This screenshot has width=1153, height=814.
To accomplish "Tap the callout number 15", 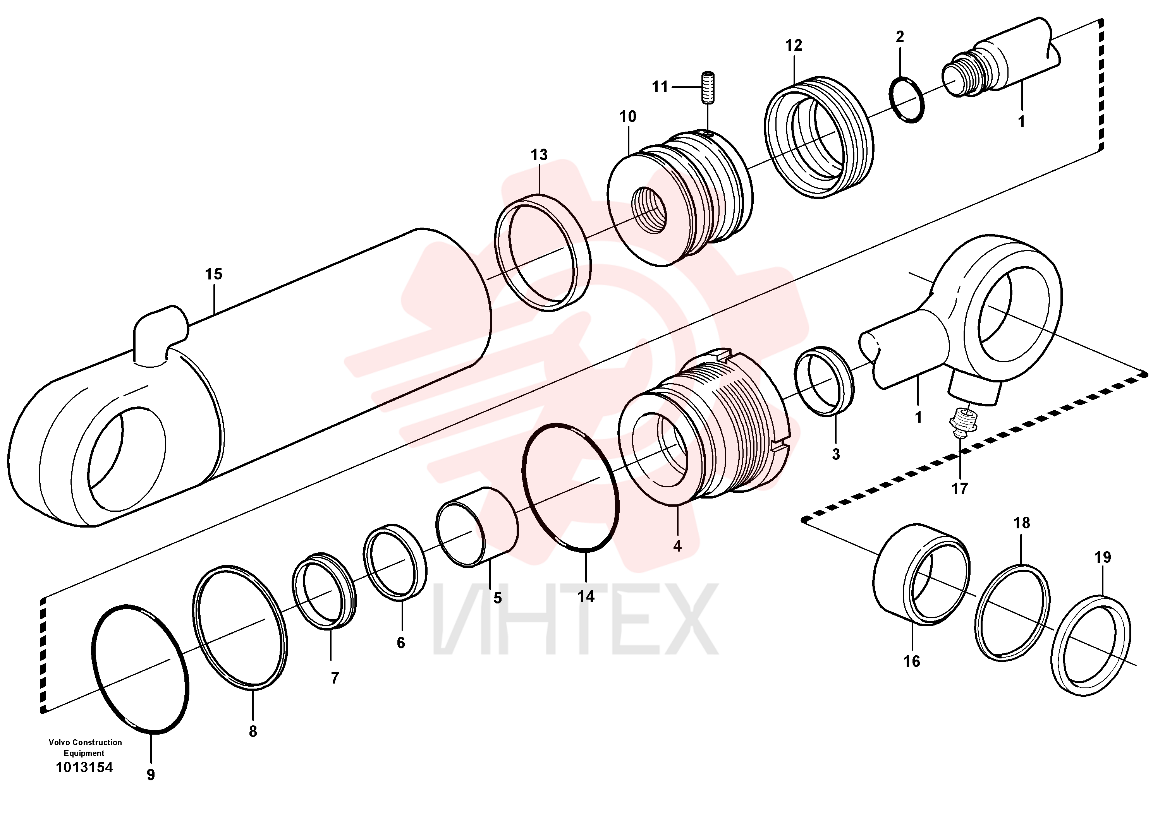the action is point(213,274).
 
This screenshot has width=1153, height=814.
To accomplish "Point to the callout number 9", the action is point(151,775).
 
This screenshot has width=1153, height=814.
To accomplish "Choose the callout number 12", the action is point(794,46).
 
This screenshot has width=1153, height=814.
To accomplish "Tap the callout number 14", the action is point(586,597).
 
